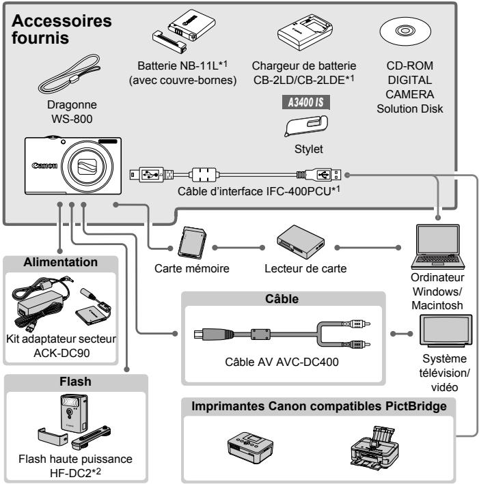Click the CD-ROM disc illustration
[405, 31]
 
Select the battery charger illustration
[305, 33]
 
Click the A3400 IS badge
[306, 102]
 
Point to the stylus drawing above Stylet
[306, 126]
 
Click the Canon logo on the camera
[44, 165]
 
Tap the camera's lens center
[87, 166]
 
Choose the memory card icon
[192, 242]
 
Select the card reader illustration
[301, 242]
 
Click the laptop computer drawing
[437, 246]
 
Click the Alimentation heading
[61, 262]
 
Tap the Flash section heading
[75, 382]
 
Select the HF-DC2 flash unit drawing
[74, 421]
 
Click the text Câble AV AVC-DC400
[282, 362]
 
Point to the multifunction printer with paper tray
[374, 448]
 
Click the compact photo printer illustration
[250, 447]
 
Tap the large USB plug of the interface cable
[323, 175]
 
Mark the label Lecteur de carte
[305, 268]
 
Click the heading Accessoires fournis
[61, 29]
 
